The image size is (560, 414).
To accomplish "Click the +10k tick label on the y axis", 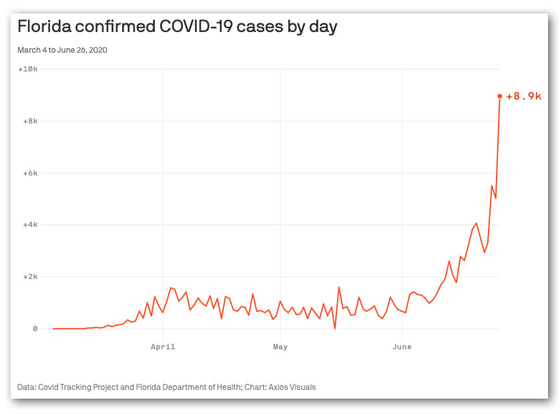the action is [x=28, y=69].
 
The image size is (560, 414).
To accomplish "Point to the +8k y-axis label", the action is [x=30, y=121].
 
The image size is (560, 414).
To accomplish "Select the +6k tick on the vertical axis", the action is [x=30, y=173].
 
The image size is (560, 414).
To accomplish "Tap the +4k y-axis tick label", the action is [x=30, y=224].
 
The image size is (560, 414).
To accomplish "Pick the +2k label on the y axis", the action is [x=30, y=277].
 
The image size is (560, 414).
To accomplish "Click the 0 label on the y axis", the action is [x=35, y=329].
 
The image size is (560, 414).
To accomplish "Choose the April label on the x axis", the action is [x=163, y=347].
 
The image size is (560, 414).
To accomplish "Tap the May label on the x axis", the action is [x=280, y=347].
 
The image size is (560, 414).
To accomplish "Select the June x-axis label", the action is [x=402, y=347].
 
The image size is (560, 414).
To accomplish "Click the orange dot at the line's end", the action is [x=500, y=96].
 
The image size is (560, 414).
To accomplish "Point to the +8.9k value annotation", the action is [x=523, y=96].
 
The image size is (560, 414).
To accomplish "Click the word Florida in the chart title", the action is [x=45, y=27].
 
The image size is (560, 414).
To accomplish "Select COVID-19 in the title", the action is [x=196, y=27].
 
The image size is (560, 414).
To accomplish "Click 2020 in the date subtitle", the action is [x=98, y=50].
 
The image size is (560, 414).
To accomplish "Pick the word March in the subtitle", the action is [x=29, y=50].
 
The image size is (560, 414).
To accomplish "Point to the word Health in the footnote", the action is [x=229, y=387].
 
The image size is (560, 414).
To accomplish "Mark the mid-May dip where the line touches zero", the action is [x=335, y=329].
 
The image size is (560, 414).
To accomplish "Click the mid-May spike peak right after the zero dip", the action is [x=339, y=287].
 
